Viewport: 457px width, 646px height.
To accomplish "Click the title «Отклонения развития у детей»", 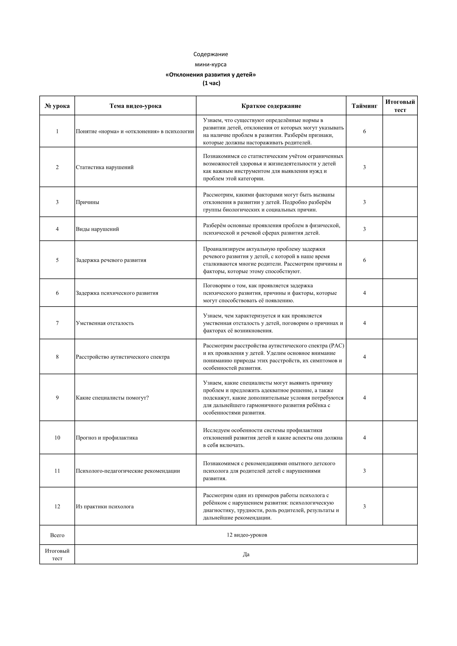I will (211, 75).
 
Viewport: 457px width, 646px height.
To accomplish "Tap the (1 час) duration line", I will (211, 83).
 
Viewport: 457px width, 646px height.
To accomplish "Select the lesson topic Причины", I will (88, 202).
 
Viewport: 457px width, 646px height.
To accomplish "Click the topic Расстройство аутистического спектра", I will (123, 357).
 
